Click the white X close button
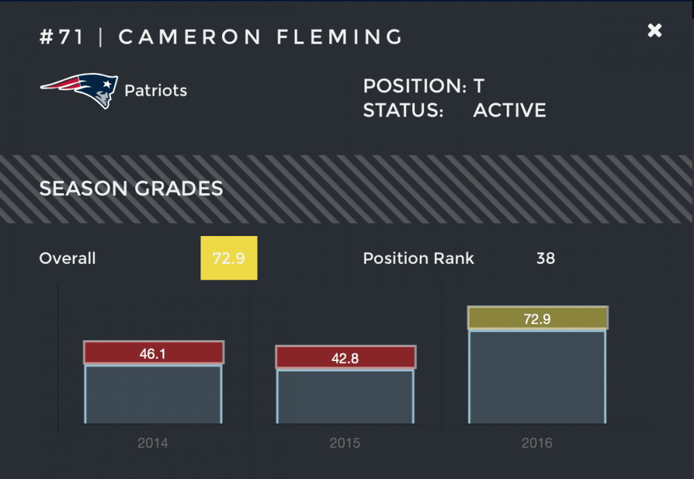coord(654,31)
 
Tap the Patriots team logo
coord(79,90)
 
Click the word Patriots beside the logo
coord(155,91)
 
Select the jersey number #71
coord(62,37)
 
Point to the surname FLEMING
coord(340,37)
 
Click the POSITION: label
coord(414,87)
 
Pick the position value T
coord(479,87)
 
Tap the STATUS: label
coord(403,110)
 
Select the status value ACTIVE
coord(509,110)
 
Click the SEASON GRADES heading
coord(131,189)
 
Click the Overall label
coord(67,259)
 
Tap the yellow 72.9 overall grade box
coord(229,258)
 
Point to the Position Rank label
coord(418,259)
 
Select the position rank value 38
coord(545,259)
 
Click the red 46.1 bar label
coord(153,353)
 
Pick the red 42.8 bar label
coord(346,358)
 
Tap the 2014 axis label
coord(153,443)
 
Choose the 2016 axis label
coord(537,443)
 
